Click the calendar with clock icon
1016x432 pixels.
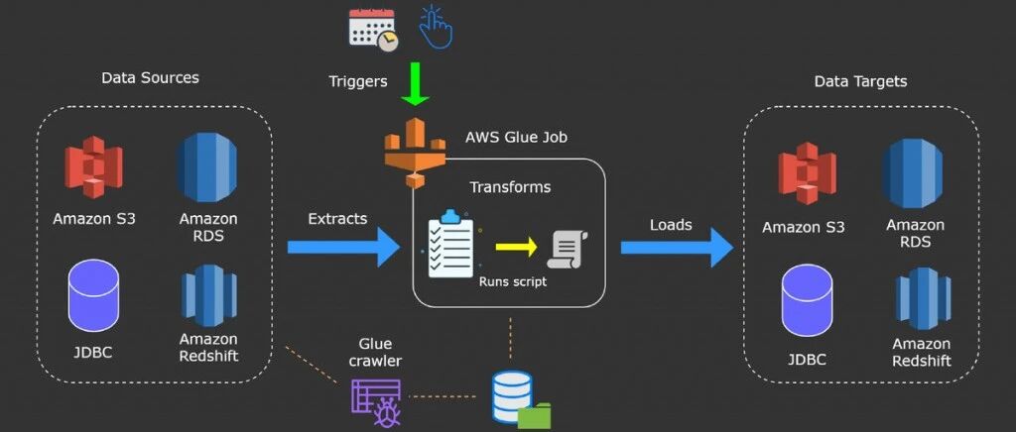(x=373, y=30)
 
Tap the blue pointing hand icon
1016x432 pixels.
(x=437, y=27)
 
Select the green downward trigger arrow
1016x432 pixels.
(x=415, y=84)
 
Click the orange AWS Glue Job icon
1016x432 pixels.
(x=416, y=154)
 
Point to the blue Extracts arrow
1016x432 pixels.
(x=343, y=247)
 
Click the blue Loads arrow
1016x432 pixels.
(x=677, y=247)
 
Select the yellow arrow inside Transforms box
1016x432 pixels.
(x=516, y=247)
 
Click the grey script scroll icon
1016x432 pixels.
(x=568, y=250)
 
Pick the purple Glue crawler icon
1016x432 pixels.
(x=376, y=402)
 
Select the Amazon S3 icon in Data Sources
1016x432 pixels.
(x=94, y=166)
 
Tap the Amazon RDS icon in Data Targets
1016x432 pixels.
(x=914, y=172)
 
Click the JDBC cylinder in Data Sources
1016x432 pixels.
(x=94, y=295)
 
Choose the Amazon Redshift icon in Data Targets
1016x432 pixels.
(x=923, y=298)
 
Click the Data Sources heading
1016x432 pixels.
(x=151, y=77)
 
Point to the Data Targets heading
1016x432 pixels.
(x=860, y=81)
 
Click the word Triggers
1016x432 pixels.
(x=357, y=81)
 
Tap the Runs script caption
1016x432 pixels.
(x=513, y=282)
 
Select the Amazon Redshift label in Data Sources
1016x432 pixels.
(x=208, y=347)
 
